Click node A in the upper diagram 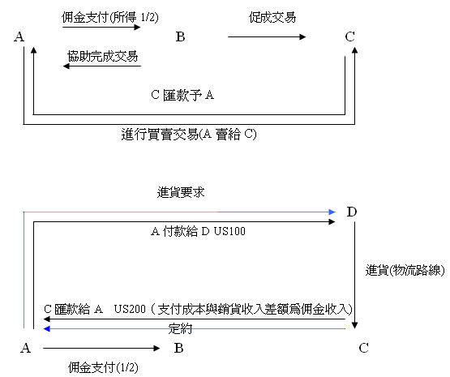(x=19, y=36)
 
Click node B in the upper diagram (x=180, y=36)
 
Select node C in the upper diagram (x=349, y=36)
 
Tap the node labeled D (x=352, y=212)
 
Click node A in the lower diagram (x=26, y=348)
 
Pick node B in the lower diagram (x=179, y=348)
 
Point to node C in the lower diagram (x=363, y=348)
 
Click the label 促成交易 (x=272, y=17)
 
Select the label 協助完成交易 (x=103, y=56)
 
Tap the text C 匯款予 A (x=182, y=95)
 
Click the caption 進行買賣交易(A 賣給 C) (x=189, y=135)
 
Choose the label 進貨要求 (x=181, y=192)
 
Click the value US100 (x=229, y=231)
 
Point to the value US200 (x=130, y=309)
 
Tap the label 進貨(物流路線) (x=405, y=270)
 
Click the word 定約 (x=180, y=329)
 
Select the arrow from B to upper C (x=267, y=36)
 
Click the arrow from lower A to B (x=101, y=349)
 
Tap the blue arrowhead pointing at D (x=332, y=212)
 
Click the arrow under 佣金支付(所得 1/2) (x=101, y=28)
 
